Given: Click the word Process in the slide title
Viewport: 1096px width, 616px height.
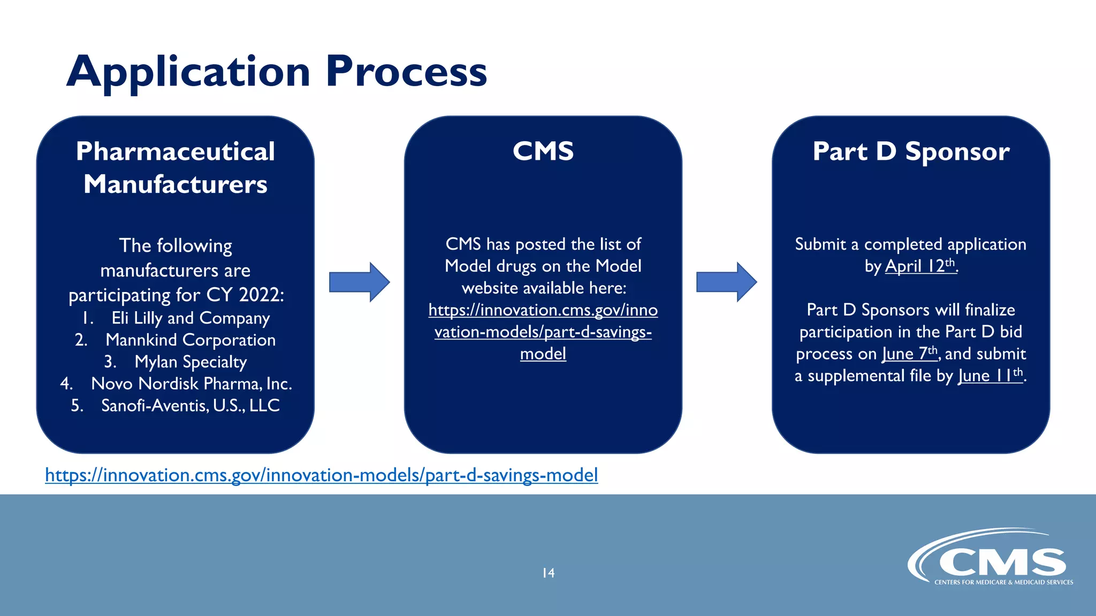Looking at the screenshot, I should click(x=406, y=72).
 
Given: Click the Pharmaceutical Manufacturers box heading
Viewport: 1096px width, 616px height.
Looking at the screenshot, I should click(x=176, y=167).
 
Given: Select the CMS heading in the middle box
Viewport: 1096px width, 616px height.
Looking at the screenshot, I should click(x=543, y=151).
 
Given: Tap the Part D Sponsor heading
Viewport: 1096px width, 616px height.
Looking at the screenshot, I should click(x=911, y=151).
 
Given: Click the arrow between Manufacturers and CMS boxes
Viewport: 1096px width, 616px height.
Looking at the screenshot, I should click(x=359, y=282).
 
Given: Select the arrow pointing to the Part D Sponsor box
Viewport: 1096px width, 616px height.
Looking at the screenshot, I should click(x=726, y=282).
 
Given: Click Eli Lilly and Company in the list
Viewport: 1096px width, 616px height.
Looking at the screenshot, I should click(x=190, y=318).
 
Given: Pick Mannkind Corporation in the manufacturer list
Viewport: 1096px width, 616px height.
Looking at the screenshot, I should click(x=191, y=340).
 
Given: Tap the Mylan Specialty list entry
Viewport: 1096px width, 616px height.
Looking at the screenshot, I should click(x=191, y=362).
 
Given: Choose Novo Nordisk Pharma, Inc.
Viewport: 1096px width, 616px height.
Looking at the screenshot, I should click(x=192, y=384).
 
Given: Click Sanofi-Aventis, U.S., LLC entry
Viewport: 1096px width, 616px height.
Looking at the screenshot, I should click(x=191, y=406).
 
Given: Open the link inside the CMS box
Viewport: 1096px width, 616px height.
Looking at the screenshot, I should click(x=543, y=332).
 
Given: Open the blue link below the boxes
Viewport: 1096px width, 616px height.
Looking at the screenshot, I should click(x=321, y=475).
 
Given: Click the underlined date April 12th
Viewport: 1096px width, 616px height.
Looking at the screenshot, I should click(x=920, y=266).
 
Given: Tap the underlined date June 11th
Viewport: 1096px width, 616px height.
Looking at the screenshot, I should click(x=990, y=375).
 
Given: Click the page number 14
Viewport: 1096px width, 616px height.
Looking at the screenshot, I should click(x=548, y=573).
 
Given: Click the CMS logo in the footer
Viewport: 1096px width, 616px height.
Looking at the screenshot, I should click(x=990, y=559).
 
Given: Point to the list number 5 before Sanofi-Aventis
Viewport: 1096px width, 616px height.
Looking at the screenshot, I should click(x=77, y=406).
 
